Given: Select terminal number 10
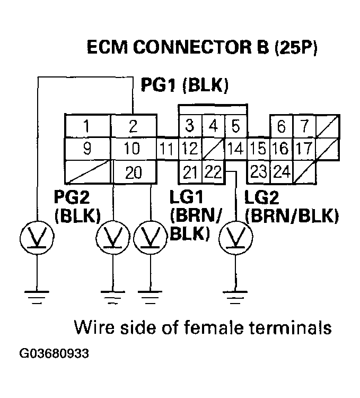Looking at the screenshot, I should point(133,149).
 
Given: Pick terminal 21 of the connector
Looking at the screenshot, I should point(189,171).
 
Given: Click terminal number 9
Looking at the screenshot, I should point(86,149).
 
